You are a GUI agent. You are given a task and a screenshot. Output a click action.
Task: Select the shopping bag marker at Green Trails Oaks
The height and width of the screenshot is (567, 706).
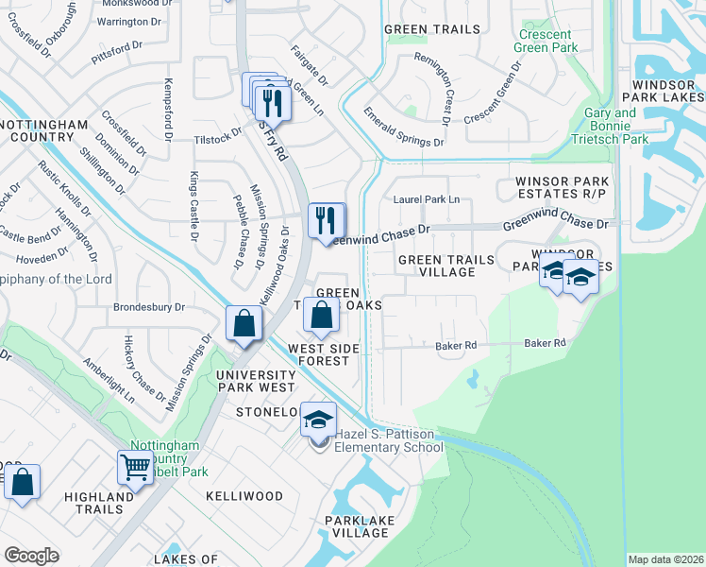(322, 315)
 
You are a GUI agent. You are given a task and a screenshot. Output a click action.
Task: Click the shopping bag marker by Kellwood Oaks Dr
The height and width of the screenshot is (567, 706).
(244, 323)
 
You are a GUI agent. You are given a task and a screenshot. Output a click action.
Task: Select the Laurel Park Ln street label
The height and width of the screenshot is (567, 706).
(427, 199)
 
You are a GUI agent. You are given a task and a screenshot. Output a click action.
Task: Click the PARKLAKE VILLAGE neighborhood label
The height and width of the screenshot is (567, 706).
(356, 526)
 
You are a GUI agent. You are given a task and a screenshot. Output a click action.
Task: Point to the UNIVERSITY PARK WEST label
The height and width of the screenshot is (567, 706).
(256, 382)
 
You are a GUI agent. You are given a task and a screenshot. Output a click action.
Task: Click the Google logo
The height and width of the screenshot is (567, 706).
(31, 556)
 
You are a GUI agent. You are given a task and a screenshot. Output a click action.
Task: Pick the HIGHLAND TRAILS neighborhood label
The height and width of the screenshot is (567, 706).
(99, 503)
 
